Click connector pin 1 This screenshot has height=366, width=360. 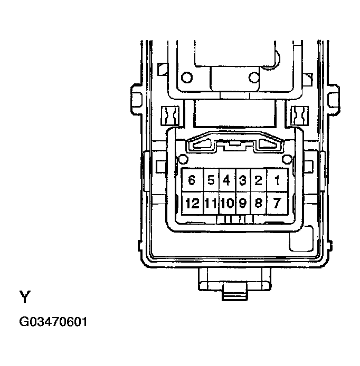point(277,180)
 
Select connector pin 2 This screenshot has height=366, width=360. point(259,180)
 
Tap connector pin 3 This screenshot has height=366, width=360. point(243,180)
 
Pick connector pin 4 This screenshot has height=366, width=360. point(226,180)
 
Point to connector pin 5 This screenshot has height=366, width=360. point(211,180)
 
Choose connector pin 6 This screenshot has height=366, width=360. point(192,180)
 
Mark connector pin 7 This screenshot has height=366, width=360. point(277,203)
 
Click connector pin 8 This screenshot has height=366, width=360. point(259,203)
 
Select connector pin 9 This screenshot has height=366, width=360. point(243,203)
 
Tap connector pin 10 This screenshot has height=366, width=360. point(227,203)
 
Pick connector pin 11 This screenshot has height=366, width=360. point(211,203)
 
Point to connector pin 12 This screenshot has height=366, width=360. point(192,203)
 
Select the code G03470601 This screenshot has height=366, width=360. point(52,321)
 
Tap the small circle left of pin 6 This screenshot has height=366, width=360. point(183,159)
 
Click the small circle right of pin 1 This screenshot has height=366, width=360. point(287,159)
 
